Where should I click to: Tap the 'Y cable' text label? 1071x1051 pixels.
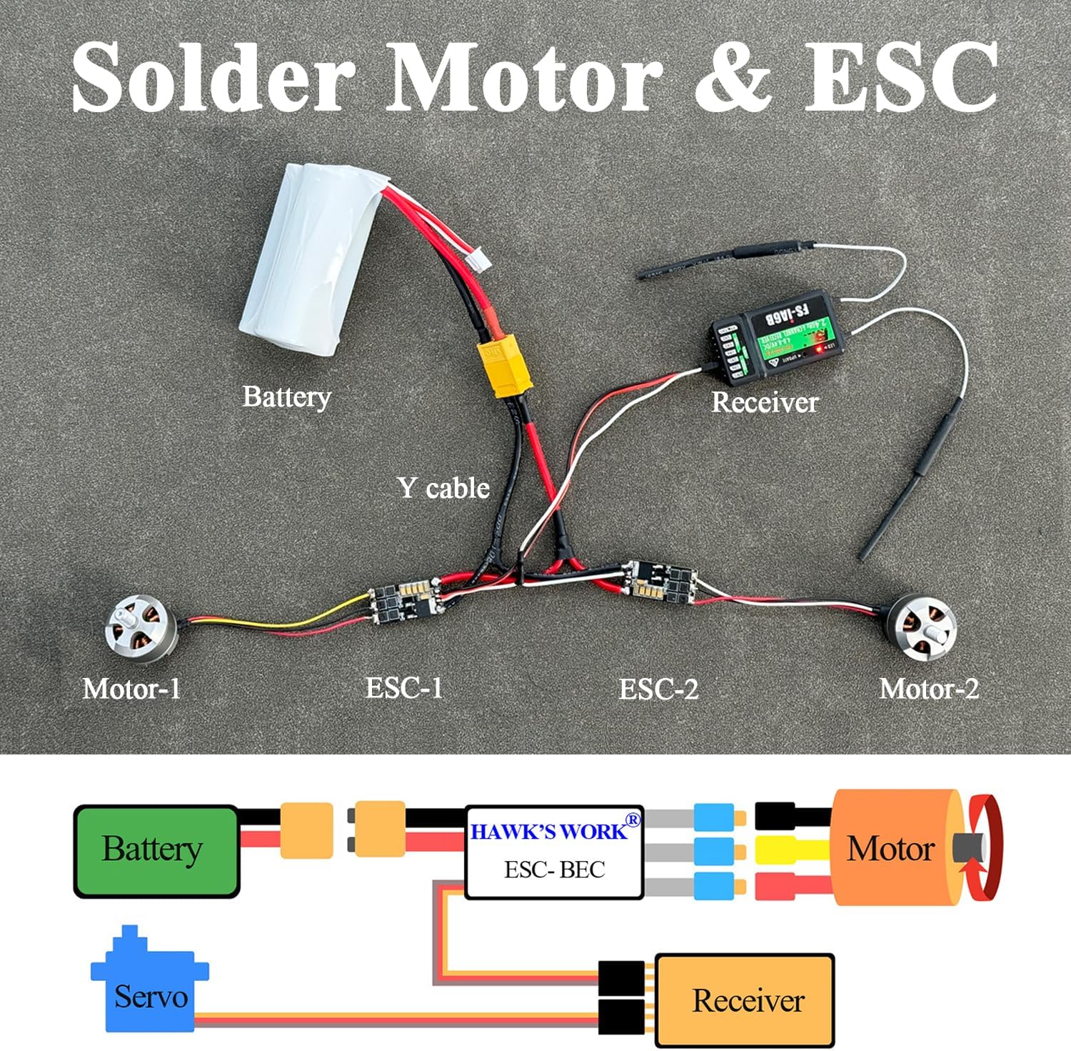click(x=443, y=488)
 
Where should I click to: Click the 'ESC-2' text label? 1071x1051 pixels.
click(x=658, y=689)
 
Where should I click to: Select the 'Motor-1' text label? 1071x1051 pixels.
click(x=132, y=689)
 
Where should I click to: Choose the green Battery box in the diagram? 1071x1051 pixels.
click(x=156, y=850)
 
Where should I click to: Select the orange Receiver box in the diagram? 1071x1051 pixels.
click(x=745, y=1000)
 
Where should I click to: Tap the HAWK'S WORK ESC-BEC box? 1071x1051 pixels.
click(x=554, y=852)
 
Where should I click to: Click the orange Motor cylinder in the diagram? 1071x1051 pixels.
click(x=892, y=848)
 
